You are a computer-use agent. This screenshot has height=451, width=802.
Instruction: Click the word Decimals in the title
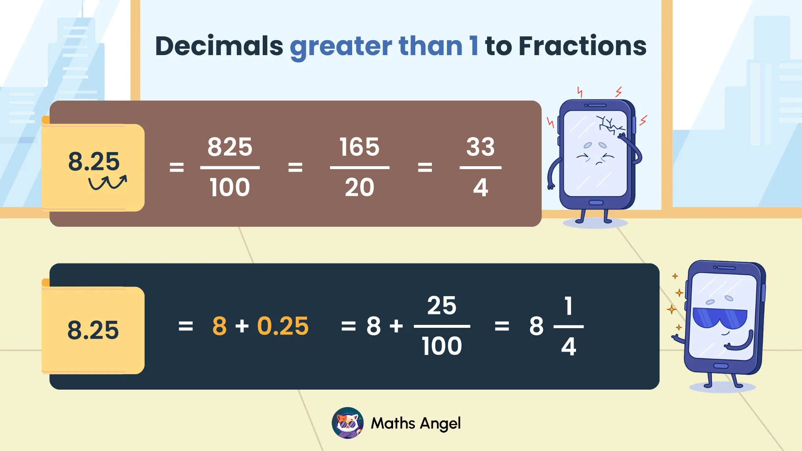point(219,46)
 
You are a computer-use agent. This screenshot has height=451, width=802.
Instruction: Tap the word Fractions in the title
point(582,46)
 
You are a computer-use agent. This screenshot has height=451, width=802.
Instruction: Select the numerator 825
point(230,147)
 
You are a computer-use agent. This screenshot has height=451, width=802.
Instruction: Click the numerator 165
point(359,147)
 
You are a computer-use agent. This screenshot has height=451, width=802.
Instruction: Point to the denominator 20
point(359,187)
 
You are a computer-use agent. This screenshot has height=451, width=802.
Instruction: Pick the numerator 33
point(480,147)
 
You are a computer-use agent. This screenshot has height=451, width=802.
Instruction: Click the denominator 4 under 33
point(480,187)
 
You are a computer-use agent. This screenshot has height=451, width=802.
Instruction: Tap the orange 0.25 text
point(283,326)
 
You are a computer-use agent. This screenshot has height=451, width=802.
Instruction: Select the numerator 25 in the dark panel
point(442,306)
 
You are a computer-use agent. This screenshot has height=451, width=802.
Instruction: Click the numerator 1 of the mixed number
point(568,306)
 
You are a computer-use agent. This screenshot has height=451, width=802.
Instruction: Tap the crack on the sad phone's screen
point(609,124)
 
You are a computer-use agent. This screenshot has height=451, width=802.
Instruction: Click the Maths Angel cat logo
point(348,423)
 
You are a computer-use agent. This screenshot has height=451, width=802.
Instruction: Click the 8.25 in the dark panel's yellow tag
point(93,330)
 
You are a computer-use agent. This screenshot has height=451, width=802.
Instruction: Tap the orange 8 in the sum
point(219,326)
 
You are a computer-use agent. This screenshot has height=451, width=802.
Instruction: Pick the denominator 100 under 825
point(230,187)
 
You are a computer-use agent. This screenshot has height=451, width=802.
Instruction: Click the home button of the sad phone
point(596,203)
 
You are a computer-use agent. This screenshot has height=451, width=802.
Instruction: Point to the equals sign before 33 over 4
point(425,168)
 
